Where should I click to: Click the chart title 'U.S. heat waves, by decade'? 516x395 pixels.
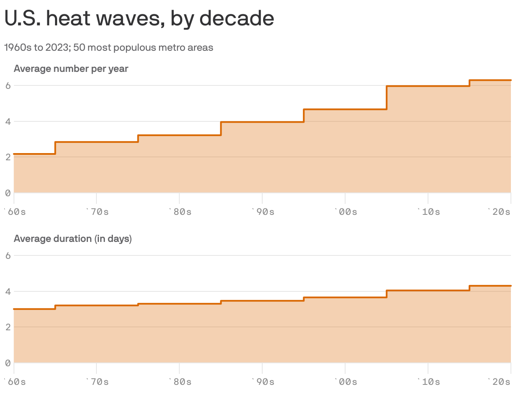tap(139, 19)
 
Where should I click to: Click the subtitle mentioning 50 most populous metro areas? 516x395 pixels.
tap(109, 47)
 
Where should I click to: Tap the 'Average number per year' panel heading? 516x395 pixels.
tap(71, 69)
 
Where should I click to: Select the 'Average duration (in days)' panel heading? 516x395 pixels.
tap(73, 239)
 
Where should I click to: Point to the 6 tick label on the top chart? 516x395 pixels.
tap(8, 85)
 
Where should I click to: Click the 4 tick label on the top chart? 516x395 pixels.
tap(8, 121)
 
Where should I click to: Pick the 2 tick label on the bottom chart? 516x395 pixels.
tap(8, 327)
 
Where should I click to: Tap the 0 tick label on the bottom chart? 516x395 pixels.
tap(8, 363)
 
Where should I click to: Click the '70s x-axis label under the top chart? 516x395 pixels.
tap(98, 211)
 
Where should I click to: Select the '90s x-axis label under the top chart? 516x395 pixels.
tap(263, 211)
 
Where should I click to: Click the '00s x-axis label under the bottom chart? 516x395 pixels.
tap(346, 381)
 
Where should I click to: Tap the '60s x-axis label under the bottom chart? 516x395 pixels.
tap(15, 381)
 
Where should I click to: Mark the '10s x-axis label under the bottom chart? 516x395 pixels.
tap(429, 381)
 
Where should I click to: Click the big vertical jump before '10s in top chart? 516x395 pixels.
tap(387, 98)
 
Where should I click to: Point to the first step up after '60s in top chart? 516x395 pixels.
tap(55, 148)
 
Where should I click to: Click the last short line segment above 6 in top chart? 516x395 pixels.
tap(491, 80)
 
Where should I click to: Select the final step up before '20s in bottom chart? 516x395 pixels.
tap(470, 288)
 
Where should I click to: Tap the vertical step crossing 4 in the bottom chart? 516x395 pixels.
tap(387, 294)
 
